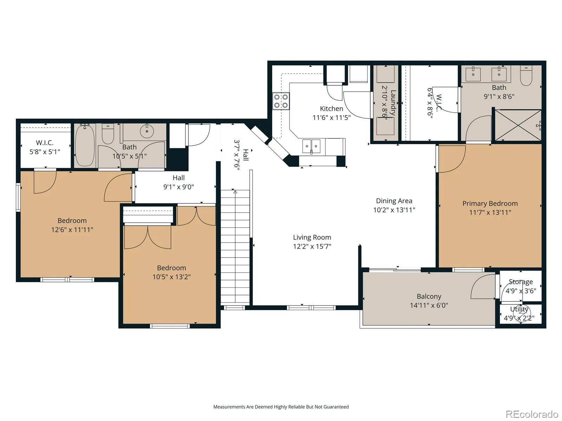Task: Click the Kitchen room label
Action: click(x=331, y=109)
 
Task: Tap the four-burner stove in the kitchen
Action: click(x=281, y=101)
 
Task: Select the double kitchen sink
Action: click(x=311, y=146)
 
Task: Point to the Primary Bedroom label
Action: click(x=490, y=203)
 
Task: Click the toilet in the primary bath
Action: click(x=526, y=76)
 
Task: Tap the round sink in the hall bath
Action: click(x=147, y=131)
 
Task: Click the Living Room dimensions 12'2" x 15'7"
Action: click(x=312, y=246)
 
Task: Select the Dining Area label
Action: click(x=394, y=201)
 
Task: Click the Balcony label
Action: click(x=429, y=296)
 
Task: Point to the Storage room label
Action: click(x=521, y=282)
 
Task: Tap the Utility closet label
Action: click(x=519, y=309)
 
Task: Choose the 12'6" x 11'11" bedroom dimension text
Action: click(x=72, y=230)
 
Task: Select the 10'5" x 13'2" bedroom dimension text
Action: click(x=171, y=277)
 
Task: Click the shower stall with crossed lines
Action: click(x=518, y=125)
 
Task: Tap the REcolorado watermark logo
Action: click(x=532, y=414)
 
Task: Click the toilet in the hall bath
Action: click(x=108, y=134)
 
